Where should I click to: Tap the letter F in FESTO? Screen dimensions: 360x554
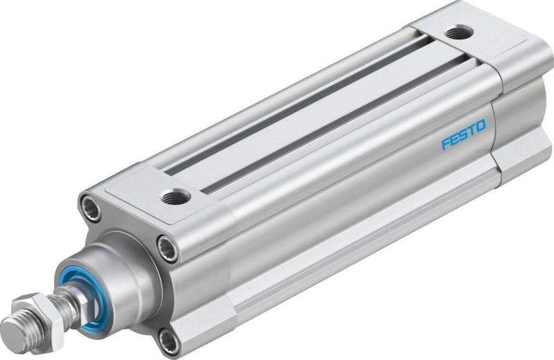446,143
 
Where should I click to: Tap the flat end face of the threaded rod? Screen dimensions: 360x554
13,326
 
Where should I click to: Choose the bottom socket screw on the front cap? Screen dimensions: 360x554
168,339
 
